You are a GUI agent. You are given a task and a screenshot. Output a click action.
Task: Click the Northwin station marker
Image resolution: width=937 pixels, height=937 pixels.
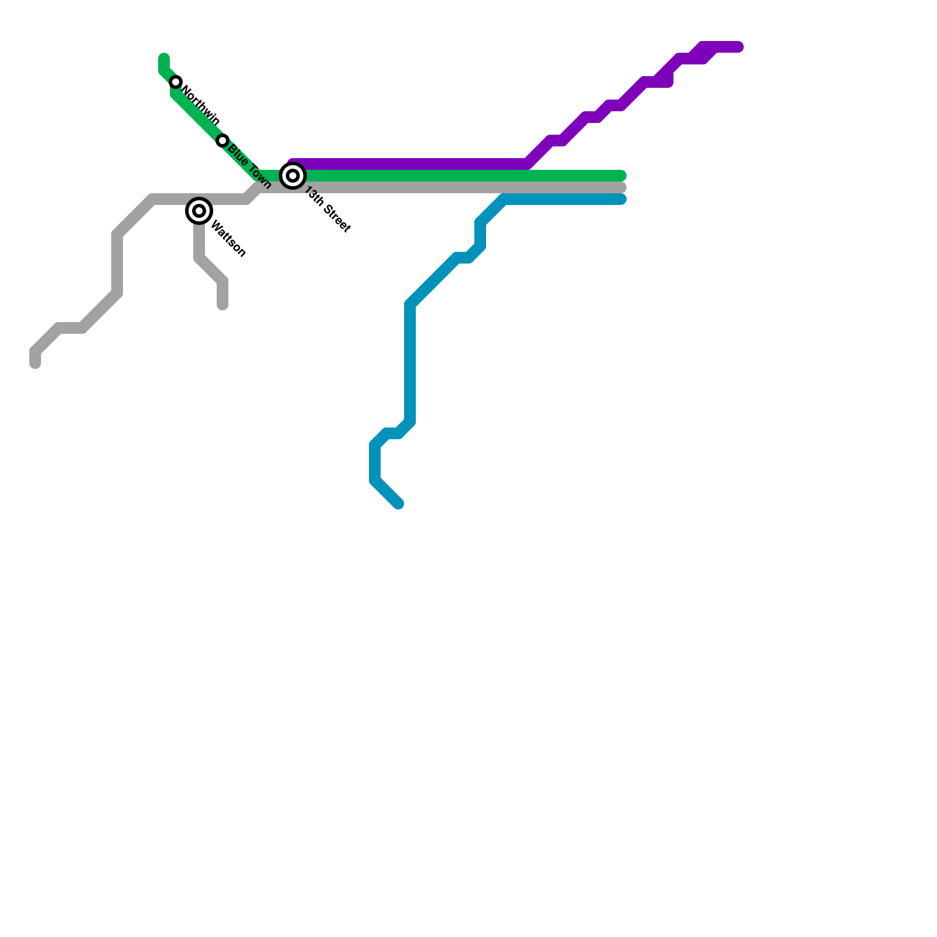[176, 82]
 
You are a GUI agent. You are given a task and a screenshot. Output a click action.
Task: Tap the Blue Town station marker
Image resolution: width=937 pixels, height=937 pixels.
[223, 141]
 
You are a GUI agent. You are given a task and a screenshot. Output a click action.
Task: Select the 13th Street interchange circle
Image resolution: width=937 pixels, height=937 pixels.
[293, 176]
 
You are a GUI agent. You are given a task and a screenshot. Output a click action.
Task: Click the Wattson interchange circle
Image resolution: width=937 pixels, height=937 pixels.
[199, 211]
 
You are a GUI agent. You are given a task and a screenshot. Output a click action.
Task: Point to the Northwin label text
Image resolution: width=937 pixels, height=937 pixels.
[201, 106]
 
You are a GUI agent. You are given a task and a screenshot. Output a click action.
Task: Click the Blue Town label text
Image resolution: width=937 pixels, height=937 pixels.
[249, 167]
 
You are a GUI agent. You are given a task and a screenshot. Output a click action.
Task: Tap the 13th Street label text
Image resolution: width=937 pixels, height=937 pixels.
[327, 210]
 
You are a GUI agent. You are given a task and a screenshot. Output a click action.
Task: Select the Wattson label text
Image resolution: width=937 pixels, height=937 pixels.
[228, 238]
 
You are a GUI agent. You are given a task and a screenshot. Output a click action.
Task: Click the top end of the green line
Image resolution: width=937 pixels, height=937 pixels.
[164, 57]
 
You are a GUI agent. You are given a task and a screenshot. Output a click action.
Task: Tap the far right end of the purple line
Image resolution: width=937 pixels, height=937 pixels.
[739, 47]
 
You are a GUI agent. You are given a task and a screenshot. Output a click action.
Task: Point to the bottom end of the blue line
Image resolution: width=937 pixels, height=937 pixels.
[399, 504]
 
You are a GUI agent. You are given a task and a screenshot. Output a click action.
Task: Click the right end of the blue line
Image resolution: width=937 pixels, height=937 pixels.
[623, 199]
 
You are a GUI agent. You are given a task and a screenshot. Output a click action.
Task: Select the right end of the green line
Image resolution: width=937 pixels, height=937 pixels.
[623, 176]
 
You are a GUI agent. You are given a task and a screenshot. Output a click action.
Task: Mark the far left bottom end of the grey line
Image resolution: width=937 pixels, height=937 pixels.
[35, 364]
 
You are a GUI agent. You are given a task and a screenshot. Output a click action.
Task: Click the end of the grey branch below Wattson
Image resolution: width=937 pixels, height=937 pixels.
[223, 305]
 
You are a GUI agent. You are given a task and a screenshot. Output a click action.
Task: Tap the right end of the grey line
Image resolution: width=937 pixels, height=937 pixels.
[623, 187]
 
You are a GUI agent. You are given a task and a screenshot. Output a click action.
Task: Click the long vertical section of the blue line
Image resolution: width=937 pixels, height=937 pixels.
[410, 363]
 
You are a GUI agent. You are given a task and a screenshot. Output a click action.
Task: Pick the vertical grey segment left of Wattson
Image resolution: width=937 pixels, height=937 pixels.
[117, 264]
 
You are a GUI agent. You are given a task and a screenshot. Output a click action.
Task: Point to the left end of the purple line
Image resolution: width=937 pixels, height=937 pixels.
[293, 163]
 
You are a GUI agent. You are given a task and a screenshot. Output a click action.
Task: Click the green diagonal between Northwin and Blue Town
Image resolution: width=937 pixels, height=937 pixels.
[199, 117]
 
